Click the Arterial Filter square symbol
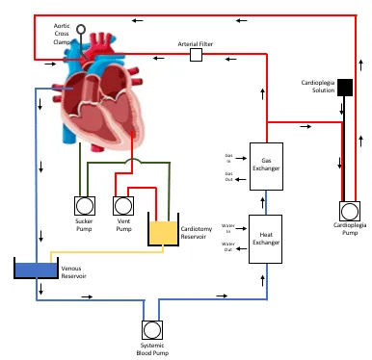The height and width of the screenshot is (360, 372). pyautogui.click(x=196, y=56)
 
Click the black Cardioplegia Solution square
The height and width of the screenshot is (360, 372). pyautogui.click(x=345, y=89)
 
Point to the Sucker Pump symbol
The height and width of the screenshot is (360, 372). pyautogui.click(x=84, y=205)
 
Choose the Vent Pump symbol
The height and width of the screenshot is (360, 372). pyautogui.click(x=122, y=205)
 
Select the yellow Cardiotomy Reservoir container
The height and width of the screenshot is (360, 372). pyautogui.click(x=164, y=230)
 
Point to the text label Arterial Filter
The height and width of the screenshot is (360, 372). pyautogui.click(x=196, y=43)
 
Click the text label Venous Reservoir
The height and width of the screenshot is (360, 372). pyautogui.click(x=73, y=272)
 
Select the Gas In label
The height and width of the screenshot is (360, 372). pyautogui.click(x=228, y=157)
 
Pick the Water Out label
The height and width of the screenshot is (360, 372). pyautogui.click(x=228, y=246)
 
